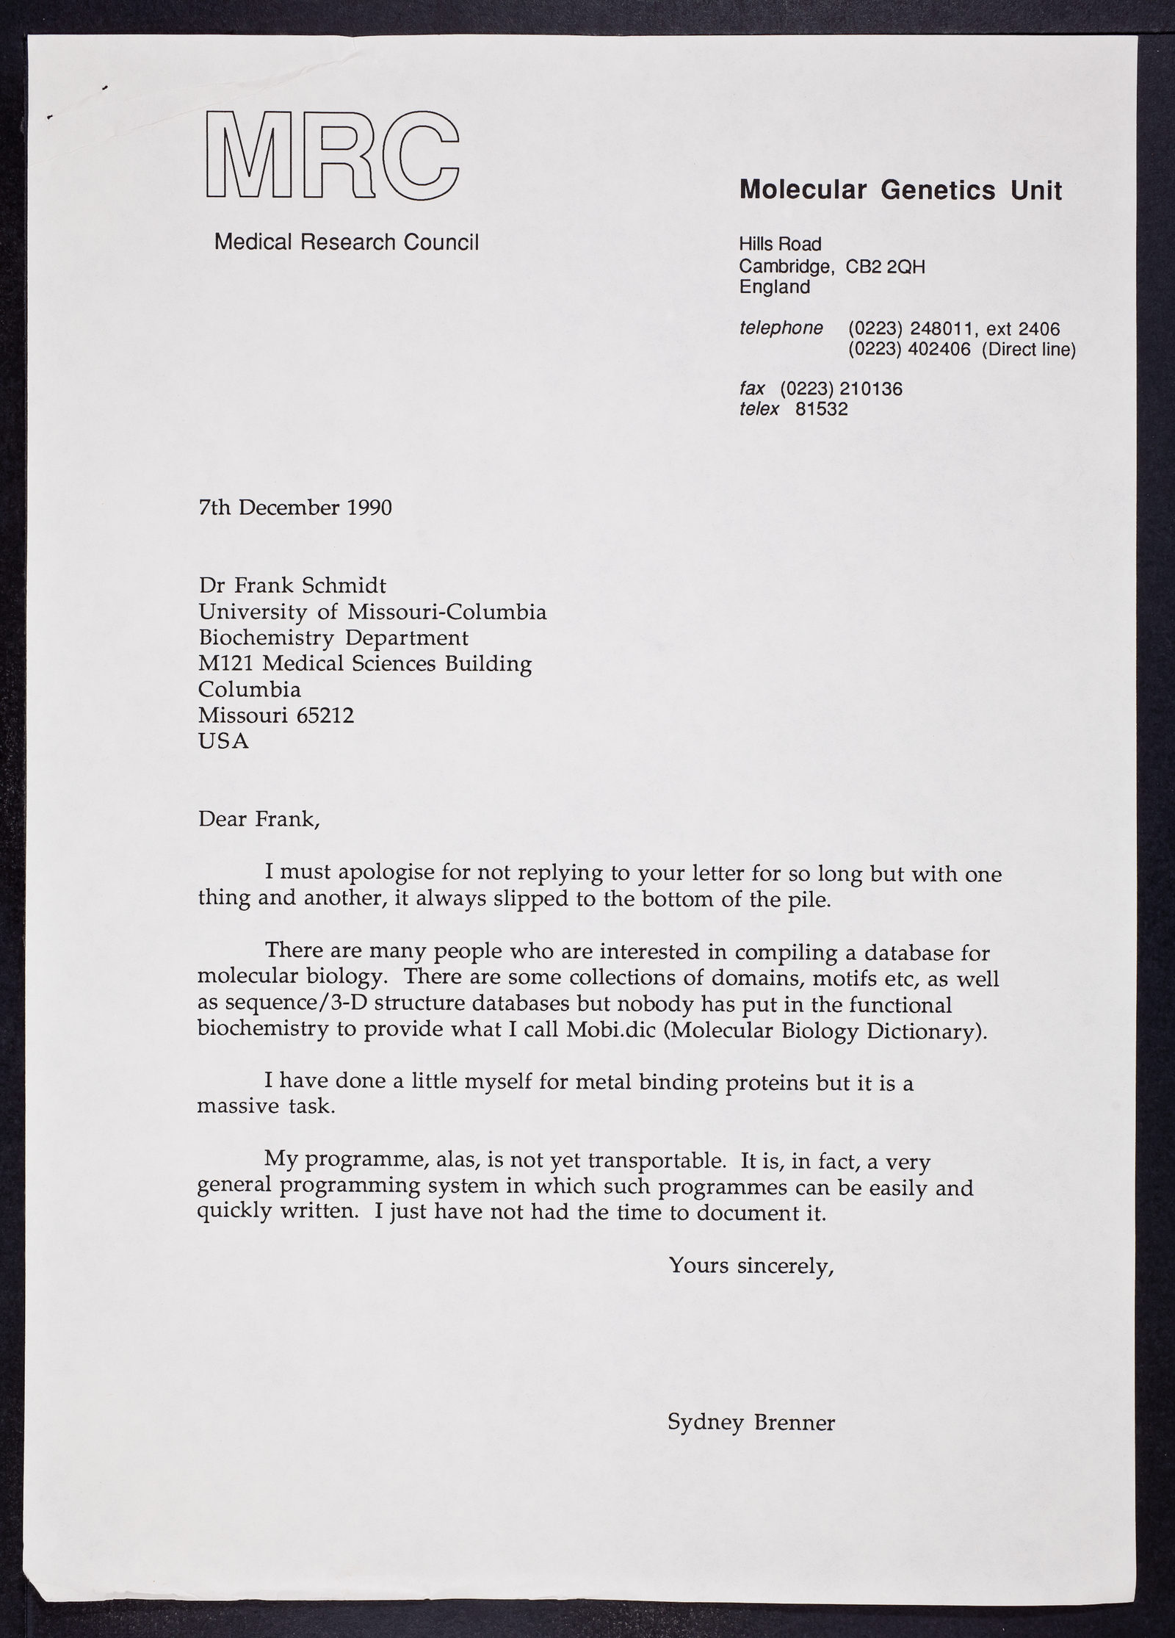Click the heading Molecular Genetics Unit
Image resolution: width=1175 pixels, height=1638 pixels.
[900, 191]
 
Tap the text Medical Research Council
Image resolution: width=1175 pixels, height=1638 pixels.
[346, 242]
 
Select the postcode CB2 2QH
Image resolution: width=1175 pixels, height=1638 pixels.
[885, 267]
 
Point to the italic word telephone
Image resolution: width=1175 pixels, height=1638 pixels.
[781, 328]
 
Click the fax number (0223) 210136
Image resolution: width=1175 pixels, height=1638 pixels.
[841, 389]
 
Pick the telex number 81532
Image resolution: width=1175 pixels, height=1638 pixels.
[821, 409]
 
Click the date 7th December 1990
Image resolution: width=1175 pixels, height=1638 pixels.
[295, 508]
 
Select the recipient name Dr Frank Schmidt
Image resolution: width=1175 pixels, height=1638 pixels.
[292, 586]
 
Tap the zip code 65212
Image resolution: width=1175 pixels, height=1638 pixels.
[325, 715]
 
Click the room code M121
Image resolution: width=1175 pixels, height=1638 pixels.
[226, 664]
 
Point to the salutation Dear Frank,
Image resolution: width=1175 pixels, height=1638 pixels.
[259, 819]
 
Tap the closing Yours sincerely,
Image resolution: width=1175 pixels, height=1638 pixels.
[751, 1266]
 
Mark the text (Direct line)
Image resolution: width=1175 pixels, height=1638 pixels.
[1028, 350]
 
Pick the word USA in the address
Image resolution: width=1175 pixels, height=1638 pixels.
[223, 741]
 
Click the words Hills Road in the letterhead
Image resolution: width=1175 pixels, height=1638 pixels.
[780, 244]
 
